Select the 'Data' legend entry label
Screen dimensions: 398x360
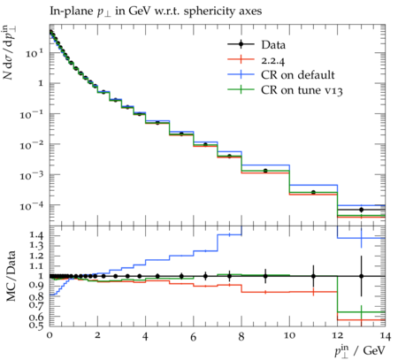point(273,45)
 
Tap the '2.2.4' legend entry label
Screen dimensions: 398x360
point(273,60)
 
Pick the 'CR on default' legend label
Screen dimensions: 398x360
point(298,75)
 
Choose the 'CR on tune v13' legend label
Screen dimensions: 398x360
point(302,90)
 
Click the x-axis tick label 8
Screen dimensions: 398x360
point(241,336)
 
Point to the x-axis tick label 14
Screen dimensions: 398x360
point(385,336)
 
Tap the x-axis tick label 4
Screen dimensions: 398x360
point(145,336)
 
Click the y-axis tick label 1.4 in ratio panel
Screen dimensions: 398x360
point(35,235)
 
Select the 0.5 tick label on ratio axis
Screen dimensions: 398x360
point(35,326)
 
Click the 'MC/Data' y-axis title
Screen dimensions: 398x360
point(11,276)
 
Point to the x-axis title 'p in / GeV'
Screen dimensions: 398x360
point(360,350)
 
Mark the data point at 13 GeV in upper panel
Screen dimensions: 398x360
point(361,210)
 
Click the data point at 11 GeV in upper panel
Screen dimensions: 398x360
point(313,192)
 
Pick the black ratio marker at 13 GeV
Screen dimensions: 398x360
point(361,276)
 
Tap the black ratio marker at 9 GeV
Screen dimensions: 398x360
point(265,276)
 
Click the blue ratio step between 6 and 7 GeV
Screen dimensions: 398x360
point(205,251)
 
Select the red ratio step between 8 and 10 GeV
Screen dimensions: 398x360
point(265,292)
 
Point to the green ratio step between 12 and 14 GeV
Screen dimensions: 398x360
point(361,312)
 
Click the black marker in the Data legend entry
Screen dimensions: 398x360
point(241,44)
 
